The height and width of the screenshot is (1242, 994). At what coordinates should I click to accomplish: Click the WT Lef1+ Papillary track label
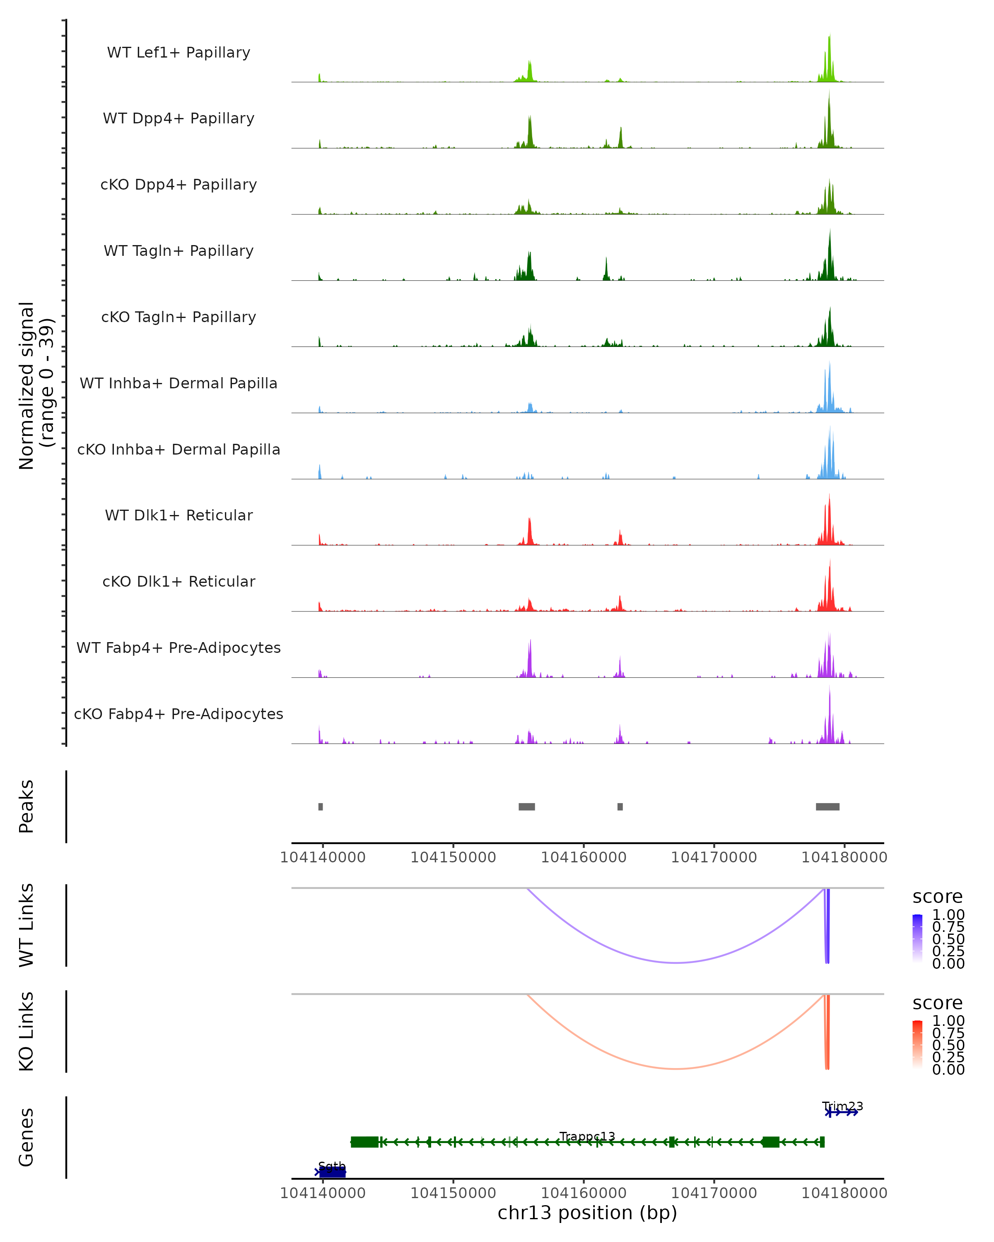[x=179, y=53]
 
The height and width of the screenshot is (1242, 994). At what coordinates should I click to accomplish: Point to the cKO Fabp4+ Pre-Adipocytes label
[x=179, y=714]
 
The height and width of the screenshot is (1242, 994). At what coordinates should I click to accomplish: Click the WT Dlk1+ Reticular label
[x=179, y=515]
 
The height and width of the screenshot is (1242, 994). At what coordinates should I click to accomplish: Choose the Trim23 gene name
[x=842, y=1106]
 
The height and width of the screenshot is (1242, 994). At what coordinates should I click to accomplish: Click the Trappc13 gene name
[x=587, y=1136]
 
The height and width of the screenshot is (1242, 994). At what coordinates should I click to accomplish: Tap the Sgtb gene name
[x=331, y=1166]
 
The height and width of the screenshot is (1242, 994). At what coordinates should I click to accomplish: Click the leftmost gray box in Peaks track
[x=321, y=806]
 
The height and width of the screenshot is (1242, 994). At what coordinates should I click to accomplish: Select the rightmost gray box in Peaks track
[x=828, y=806]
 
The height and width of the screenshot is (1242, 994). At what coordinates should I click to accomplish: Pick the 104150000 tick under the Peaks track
[x=453, y=857]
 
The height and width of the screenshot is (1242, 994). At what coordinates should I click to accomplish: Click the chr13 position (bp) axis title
[x=587, y=1213]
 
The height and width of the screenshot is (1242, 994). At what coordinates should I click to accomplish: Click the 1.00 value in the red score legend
[x=948, y=1021]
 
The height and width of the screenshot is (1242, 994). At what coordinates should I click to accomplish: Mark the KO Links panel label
[x=27, y=1031]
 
